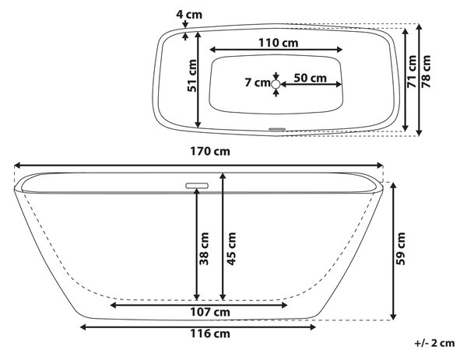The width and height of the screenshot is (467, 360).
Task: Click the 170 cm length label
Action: [210, 152]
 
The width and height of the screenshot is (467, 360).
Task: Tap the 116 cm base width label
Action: [210, 334]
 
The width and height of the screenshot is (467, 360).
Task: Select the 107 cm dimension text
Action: [210, 312]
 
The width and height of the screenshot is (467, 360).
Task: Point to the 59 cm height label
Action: [401, 249]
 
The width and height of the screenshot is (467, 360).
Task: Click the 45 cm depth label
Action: [231, 249]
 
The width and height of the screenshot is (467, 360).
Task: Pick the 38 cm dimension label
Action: [204, 249]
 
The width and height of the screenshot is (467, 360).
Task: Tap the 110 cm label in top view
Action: [278, 43]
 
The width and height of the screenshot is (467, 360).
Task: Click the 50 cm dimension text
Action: [310, 78]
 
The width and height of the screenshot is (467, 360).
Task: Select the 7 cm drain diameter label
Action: [258, 82]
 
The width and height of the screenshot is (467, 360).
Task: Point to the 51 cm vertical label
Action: [192, 76]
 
